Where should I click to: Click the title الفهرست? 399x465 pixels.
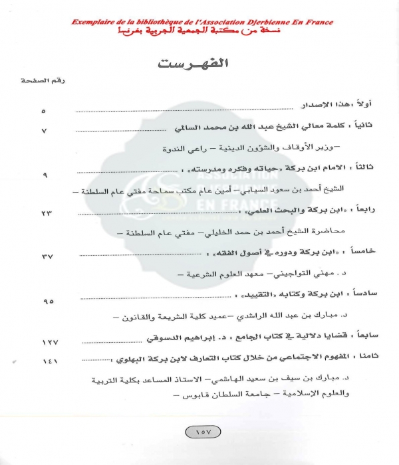pyautogui.click(x=199, y=64)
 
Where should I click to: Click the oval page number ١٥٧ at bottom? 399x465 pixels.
pyautogui.click(x=199, y=433)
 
